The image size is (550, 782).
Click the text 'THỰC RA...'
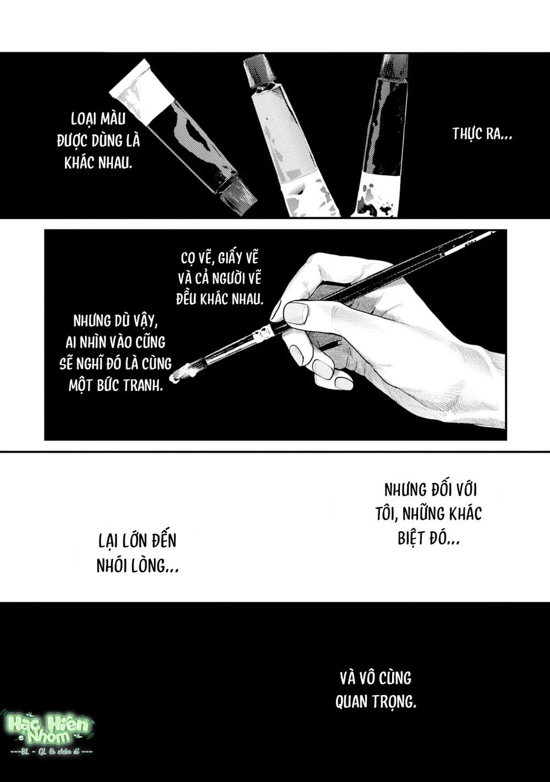[x=482, y=134]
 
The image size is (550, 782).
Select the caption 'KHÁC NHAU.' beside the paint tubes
[x=98, y=163]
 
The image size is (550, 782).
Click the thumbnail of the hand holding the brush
[x=296, y=312]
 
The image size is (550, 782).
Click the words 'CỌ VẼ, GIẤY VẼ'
[x=219, y=258]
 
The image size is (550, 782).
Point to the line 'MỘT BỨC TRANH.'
[x=116, y=386]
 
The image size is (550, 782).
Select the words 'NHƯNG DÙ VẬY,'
[x=116, y=321]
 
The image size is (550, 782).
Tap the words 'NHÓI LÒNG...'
[x=137, y=566]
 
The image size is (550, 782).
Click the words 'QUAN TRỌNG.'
[x=376, y=701]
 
